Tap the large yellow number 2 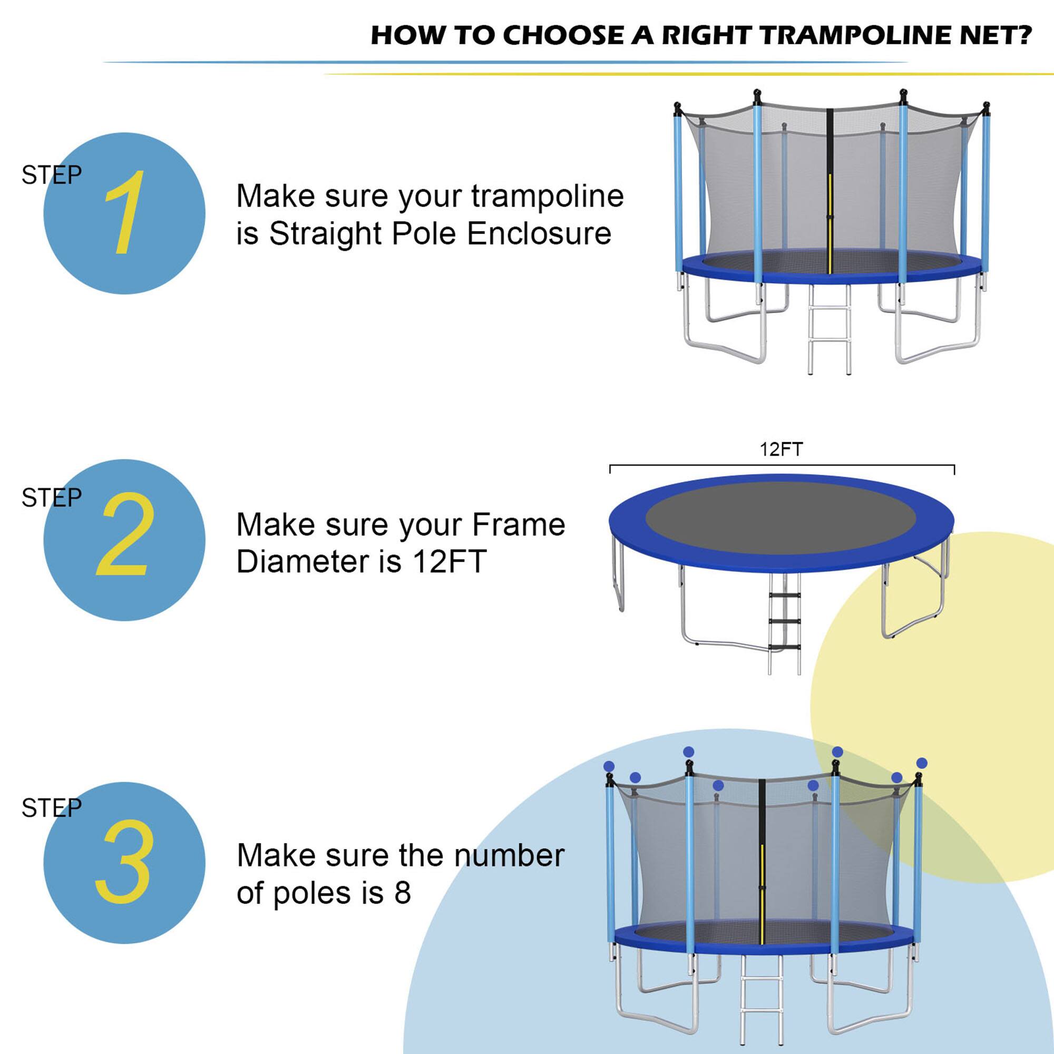pos(124,534)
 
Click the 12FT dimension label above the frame pos(781,450)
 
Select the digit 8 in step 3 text pos(403,893)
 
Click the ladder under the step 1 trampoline pos(829,333)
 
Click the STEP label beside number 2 pos(51,497)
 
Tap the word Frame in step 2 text pos(518,525)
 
